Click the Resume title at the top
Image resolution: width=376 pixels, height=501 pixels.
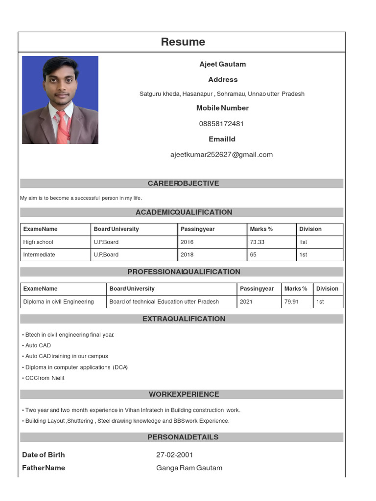point(183,42)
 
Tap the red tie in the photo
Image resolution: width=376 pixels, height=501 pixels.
point(62,127)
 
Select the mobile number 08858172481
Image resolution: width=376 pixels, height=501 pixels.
point(221,124)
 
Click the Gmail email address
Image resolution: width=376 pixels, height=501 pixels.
point(221,155)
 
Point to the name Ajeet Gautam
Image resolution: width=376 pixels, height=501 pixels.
point(222,64)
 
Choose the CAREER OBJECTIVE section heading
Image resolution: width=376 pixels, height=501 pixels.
point(183,183)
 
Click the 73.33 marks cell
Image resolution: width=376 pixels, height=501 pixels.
point(257,242)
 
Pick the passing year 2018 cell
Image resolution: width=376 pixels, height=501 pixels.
point(187,255)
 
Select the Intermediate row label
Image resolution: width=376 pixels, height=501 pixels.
point(39,255)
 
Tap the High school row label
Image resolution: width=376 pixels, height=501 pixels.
point(38,242)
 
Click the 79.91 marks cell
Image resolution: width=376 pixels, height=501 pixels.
point(291,302)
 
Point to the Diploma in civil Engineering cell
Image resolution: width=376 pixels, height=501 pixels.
point(58,302)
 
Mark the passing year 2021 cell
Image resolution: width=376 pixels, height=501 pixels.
point(246,302)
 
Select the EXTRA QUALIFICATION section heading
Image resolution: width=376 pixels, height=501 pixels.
point(184,319)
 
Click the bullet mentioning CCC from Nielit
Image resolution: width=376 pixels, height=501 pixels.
point(44,378)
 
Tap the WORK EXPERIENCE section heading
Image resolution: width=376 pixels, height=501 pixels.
point(184,394)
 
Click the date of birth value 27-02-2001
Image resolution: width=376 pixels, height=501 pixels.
point(175,455)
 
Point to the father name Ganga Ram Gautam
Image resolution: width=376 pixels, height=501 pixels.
point(189,468)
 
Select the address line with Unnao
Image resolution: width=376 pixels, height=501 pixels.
point(222,94)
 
